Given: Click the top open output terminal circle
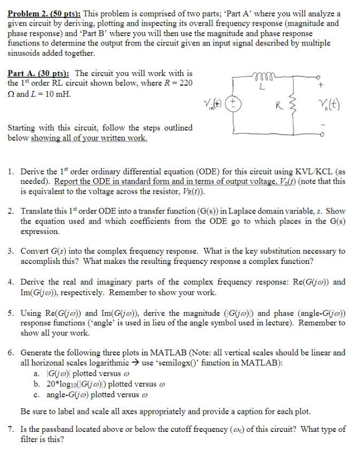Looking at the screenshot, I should (320, 77).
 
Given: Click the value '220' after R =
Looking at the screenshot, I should (185, 83).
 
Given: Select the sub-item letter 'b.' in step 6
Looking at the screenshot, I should (36, 384).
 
